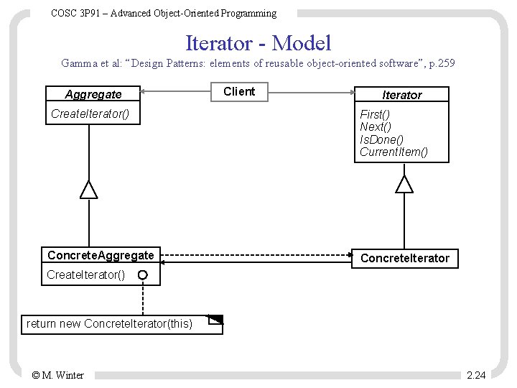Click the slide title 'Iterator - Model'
coord(258,43)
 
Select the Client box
coord(239,92)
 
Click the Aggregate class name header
coord(93,95)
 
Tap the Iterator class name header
coord(402,95)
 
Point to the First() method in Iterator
coord(375,115)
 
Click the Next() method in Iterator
coord(375,127)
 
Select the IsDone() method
coord(381,139)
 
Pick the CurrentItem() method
coord(393,152)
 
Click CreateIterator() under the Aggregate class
coord(90,114)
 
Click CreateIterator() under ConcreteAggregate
coord(85,275)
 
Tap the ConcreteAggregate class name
coord(101,256)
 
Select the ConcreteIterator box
coord(404,258)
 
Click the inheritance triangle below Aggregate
coord(88,190)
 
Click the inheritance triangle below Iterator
coord(405,184)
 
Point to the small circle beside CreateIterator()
coord(143,275)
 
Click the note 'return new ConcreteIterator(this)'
coord(109,324)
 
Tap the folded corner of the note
coord(215,320)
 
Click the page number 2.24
coord(475,375)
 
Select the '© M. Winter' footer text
coord(58,375)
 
